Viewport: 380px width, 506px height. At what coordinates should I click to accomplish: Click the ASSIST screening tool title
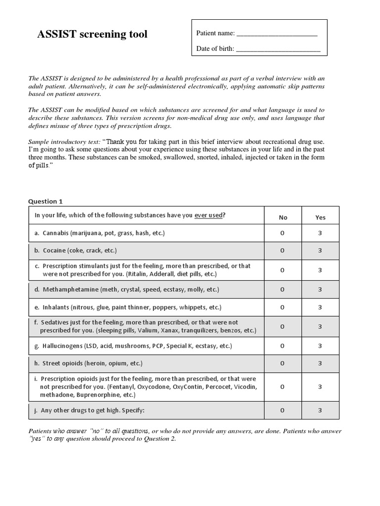[93, 35]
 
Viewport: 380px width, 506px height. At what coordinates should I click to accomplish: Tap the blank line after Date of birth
[278, 49]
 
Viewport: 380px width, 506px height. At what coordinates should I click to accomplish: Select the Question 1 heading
[46, 201]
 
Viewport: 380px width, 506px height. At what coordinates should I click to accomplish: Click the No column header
[283, 217]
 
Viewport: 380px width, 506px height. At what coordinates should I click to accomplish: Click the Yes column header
[320, 217]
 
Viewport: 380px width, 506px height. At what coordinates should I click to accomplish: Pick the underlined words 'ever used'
[208, 215]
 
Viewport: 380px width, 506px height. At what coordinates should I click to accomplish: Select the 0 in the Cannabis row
[283, 233]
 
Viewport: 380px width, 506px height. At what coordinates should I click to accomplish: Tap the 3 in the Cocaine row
[320, 251]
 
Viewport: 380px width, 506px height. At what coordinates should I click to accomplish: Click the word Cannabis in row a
[56, 233]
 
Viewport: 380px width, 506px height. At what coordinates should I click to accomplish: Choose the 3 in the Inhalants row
[320, 307]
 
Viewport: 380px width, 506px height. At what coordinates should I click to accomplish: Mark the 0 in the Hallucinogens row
[283, 346]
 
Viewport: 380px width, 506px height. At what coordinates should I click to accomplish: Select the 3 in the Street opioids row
[320, 363]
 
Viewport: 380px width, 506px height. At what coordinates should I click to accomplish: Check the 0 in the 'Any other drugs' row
[283, 410]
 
